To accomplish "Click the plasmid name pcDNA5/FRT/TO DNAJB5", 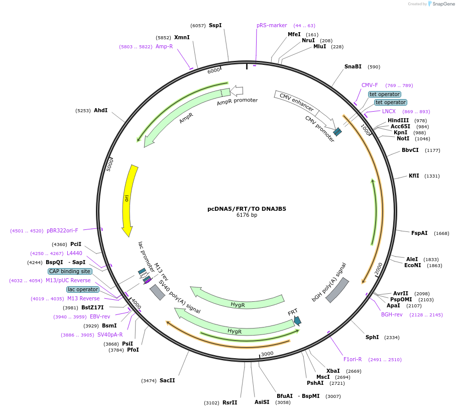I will tap(247, 208).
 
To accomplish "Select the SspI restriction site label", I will tap(215, 25).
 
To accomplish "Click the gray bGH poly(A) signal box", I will tap(337, 290).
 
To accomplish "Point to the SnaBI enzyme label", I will tap(353, 66).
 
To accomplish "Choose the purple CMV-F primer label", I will tap(370, 85).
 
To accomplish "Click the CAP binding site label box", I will tap(70, 271).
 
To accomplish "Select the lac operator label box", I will tap(83, 289).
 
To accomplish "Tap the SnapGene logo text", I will tap(443, 4).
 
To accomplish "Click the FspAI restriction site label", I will tap(419, 233).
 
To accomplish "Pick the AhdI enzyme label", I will tap(100, 110).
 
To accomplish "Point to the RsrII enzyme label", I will tap(230, 402).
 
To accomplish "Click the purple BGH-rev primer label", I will tap(392, 315).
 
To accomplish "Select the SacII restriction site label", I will tap(167, 380).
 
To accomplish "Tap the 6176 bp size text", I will tap(247, 215).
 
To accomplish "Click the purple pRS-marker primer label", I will tap(272, 25).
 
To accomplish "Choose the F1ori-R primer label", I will tap(353, 359).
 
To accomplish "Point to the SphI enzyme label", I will tap(372, 337).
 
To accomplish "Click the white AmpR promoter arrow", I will tap(237, 91).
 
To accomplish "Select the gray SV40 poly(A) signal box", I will tap(157, 292).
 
